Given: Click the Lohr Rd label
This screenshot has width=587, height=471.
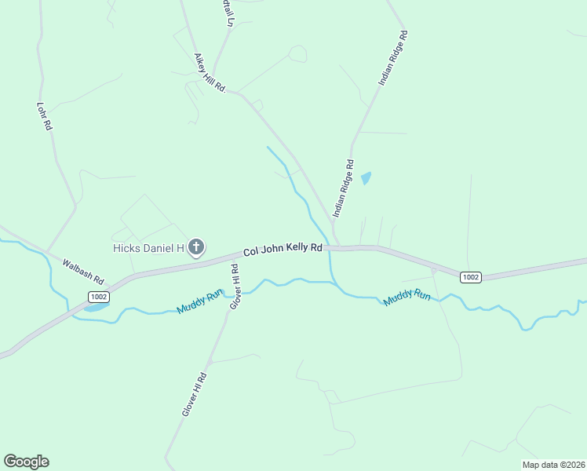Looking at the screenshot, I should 44,115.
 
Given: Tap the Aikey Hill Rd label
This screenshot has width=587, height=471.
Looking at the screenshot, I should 210,74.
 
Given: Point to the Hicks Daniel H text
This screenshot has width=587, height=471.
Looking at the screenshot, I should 147,248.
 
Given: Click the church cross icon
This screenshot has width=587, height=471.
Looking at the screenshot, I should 196,248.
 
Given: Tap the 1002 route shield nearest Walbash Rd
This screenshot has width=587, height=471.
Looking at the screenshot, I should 98,297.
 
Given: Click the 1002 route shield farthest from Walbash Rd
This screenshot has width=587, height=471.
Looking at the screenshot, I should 470,277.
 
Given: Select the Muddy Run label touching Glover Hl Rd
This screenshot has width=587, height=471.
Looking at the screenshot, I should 201,302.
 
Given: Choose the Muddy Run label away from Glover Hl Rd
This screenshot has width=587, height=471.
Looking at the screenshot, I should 407,298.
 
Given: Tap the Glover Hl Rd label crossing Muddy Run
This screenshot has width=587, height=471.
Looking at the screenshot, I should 235,286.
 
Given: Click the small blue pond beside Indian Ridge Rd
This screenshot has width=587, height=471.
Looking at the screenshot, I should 366,178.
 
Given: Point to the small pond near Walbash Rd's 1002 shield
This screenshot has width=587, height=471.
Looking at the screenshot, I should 93,307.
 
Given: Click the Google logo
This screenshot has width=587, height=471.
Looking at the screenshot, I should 27,462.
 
